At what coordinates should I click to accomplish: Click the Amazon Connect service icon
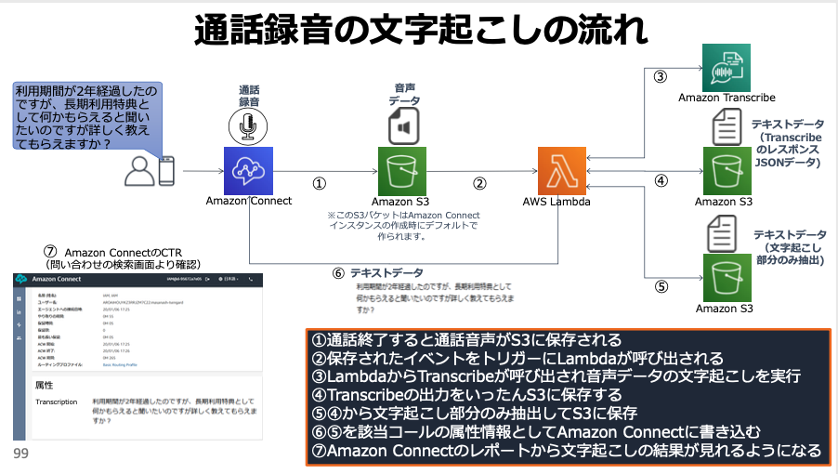click(247, 170)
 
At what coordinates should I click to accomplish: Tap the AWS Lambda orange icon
click(560, 170)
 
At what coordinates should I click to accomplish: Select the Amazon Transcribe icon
click(726, 67)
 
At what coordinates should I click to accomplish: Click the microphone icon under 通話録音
click(247, 125)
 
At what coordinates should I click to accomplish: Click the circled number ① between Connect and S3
click(320, 184)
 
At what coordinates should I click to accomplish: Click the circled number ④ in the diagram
click(661, 180)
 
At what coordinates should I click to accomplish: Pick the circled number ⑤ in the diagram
click(661, 286)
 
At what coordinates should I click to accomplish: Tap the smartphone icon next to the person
click(167, 171)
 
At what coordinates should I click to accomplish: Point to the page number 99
click(20, 454)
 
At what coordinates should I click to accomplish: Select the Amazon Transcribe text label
click(727, 98)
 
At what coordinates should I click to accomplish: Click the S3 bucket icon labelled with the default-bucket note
click(403, 170)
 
